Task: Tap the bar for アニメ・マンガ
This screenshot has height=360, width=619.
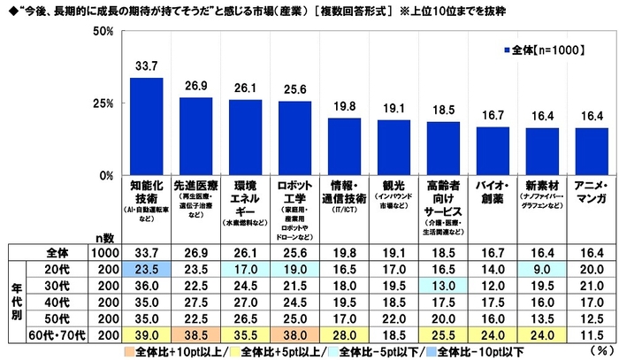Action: (x=592, y=151)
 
